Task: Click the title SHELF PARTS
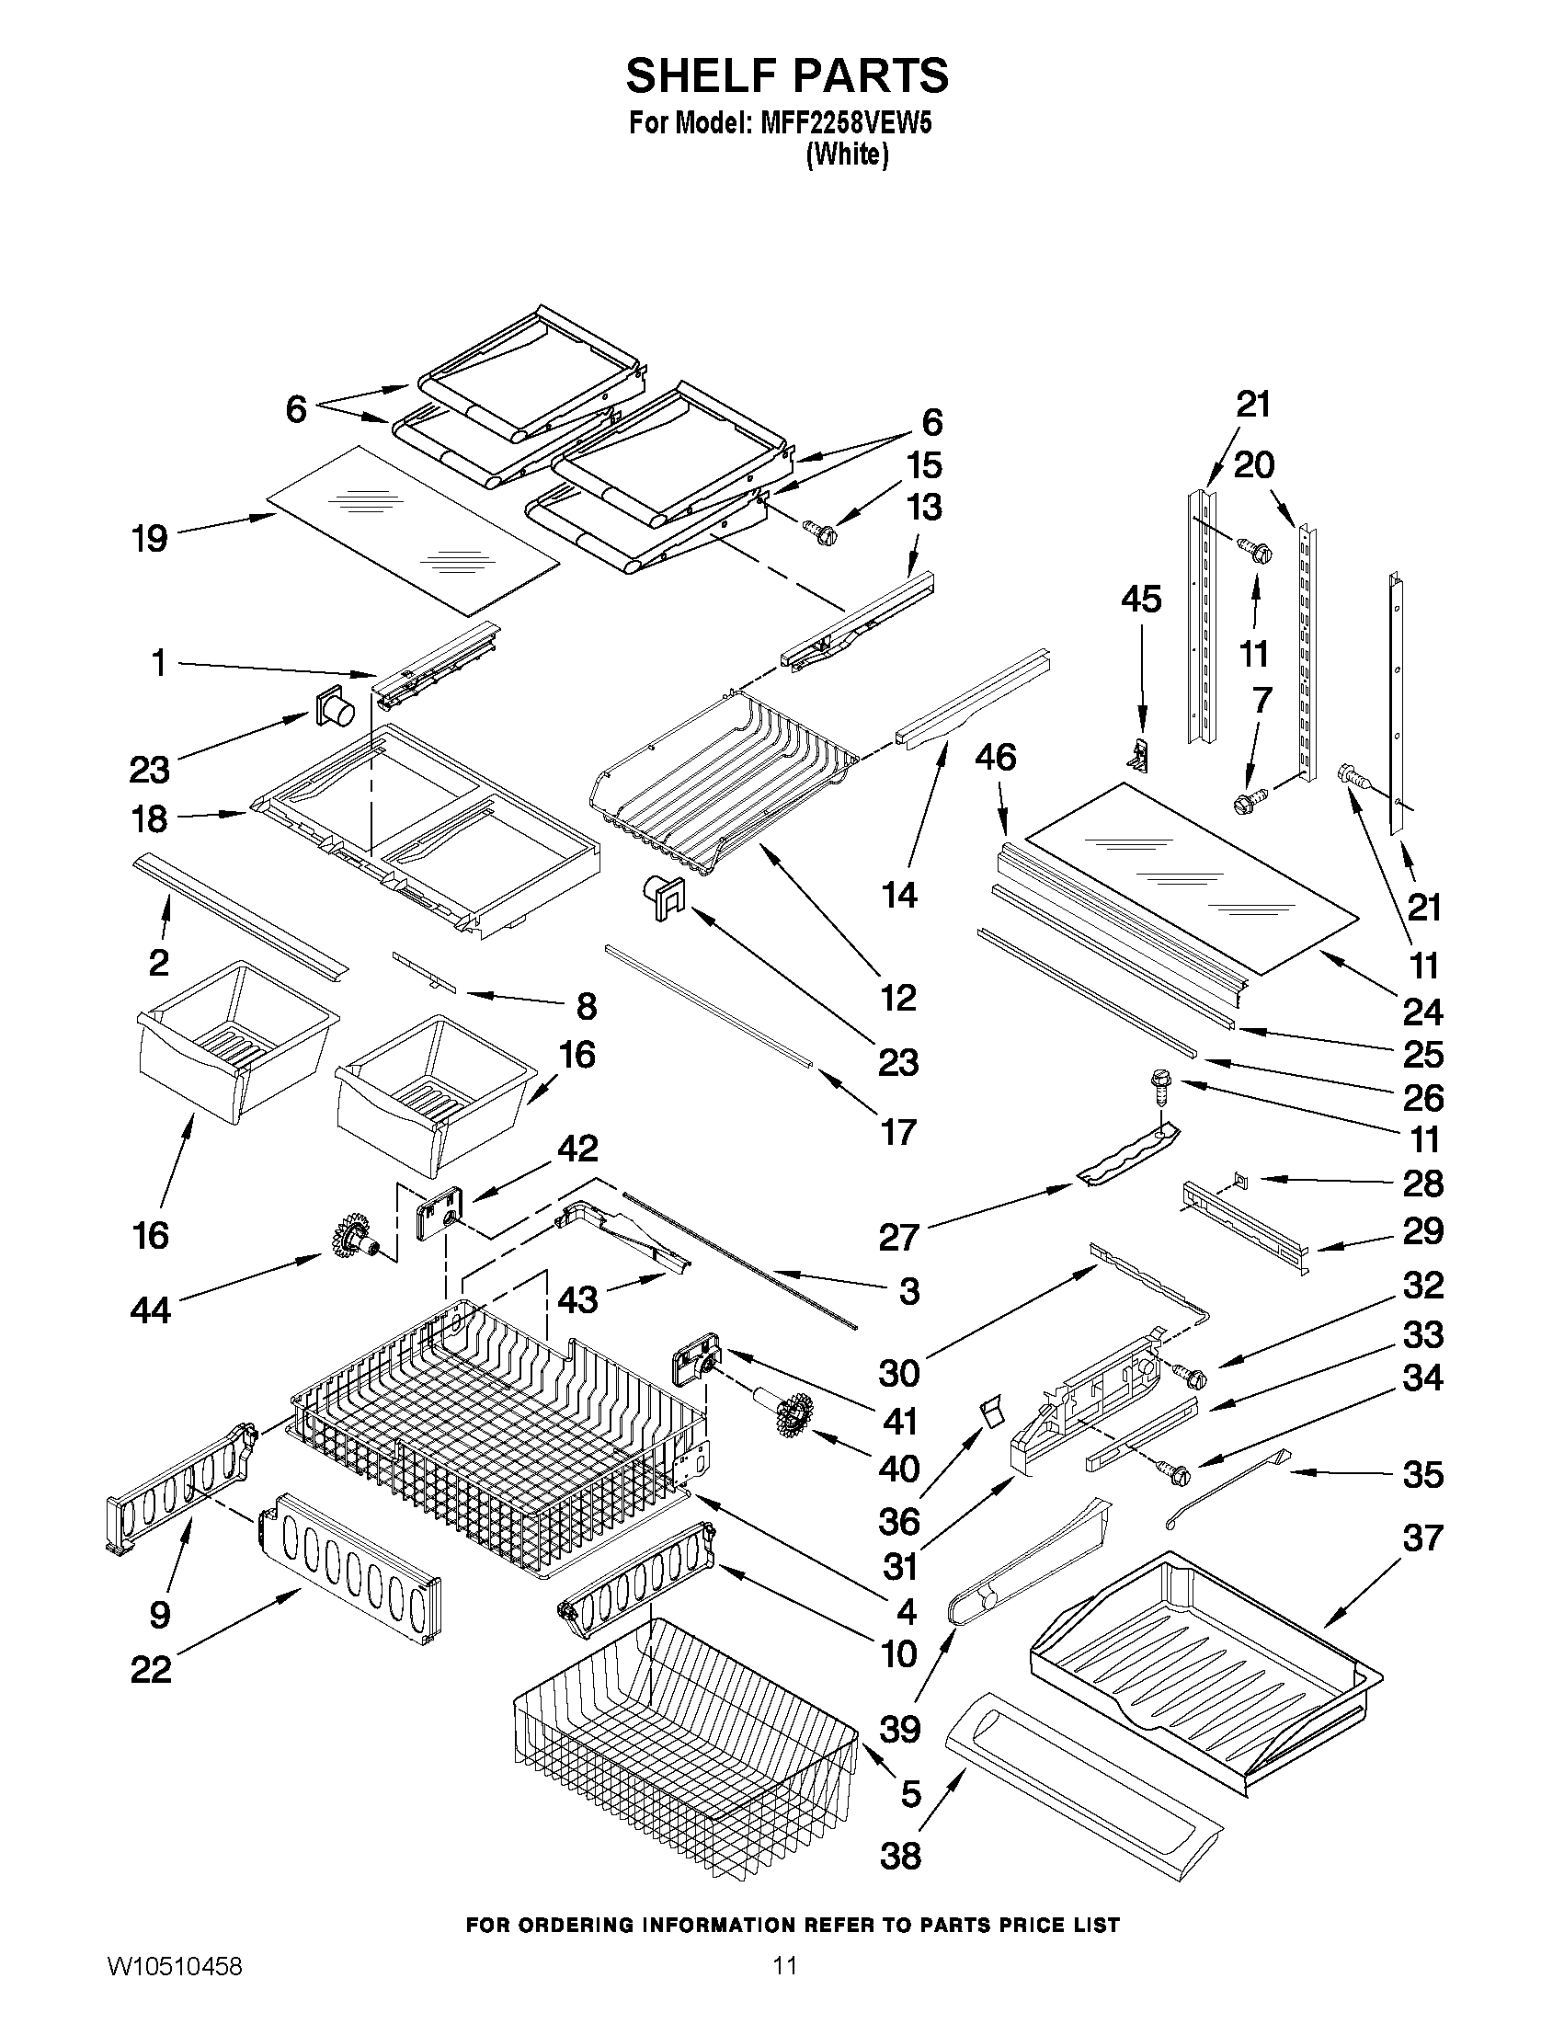point(787,76)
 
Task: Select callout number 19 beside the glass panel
point(150,538)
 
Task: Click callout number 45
point(1140,600)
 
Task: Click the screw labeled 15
point(820,533)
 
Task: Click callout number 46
point(995,757)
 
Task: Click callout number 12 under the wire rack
point(897,997)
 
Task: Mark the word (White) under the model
point(847,155)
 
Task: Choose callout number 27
point(897,1236)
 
